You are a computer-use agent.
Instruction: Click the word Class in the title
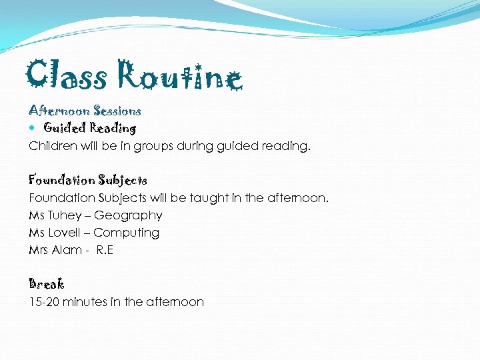click(67, 76)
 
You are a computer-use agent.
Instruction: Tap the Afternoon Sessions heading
click(85, 111)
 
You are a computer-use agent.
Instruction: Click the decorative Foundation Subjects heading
click(88, 180)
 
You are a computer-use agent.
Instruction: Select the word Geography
click(128, 216)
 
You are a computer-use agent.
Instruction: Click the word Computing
click(126, 233)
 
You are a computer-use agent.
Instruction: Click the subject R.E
click(105, 250)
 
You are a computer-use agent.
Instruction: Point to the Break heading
click(47, 284)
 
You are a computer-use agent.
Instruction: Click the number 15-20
click(44, 302)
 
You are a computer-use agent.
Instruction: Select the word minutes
click(85, 302)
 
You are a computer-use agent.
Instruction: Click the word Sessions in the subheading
click(117, 111)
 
